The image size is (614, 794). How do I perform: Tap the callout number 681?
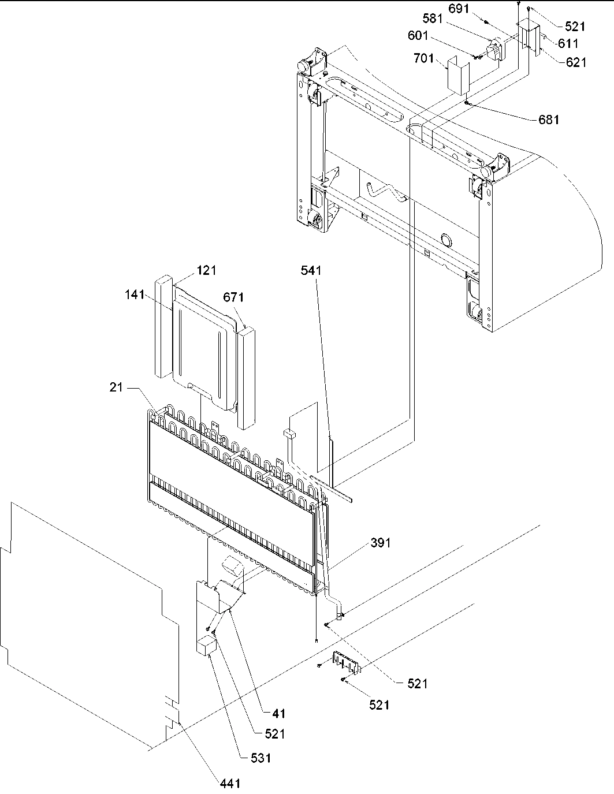[x=548, y=120]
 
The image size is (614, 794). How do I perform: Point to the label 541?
[x=310, y=270]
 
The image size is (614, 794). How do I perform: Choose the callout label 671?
[x=233, y=297]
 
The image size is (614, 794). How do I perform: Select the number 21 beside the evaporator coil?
[x=117, y=388]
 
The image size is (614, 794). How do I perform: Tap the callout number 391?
[x=380, y=543]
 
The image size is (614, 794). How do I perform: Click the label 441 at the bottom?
[x=230, y=783]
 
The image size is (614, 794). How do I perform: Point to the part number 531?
[x=260, y=758]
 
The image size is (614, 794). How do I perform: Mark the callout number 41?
[x=278, y=714]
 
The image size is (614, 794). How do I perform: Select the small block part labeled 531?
[x=206, y=646]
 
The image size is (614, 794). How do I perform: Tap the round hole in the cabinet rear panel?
[x=445, y=240]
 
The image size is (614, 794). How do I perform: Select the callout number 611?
[x=568, y=43]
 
